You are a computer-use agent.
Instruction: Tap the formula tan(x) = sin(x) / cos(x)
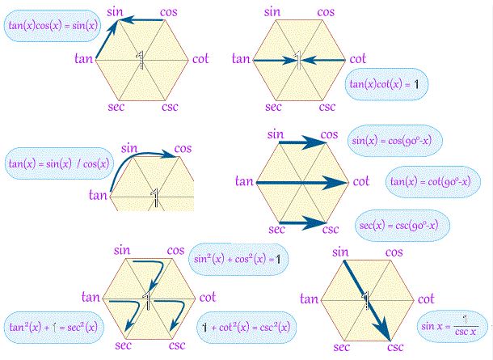click(x=50, y=163)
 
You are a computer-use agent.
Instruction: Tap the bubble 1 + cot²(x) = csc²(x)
click(x=247, y=328)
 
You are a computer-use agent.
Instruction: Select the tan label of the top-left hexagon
click(x=83, y=58)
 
